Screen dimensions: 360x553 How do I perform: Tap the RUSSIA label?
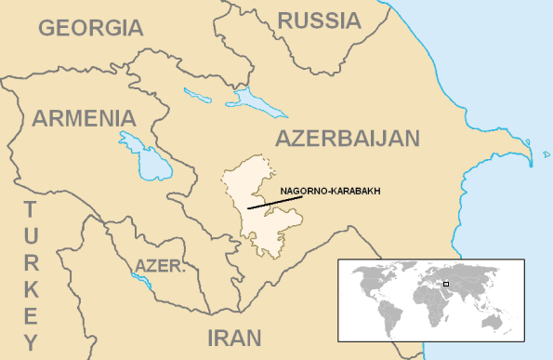click(x=319, y=20)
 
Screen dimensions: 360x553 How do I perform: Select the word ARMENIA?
click(x=85, y=118)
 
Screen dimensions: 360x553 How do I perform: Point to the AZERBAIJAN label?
click(x=348, y=139)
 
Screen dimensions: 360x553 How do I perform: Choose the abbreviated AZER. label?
click(x=161, y=266)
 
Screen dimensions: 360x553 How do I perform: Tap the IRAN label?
click(x=233, y=337)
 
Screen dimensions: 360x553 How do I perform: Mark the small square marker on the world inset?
click(x=446, y=283)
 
